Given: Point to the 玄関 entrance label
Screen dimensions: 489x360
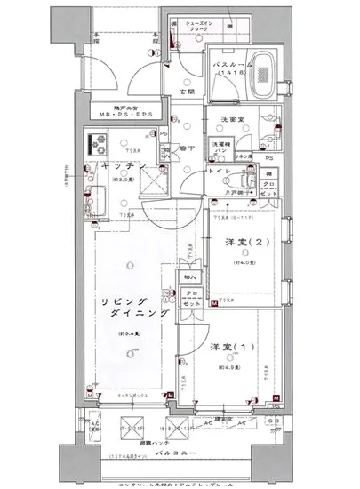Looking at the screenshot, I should [187, 92].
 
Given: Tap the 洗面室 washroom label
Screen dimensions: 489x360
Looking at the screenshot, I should [231, 119].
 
